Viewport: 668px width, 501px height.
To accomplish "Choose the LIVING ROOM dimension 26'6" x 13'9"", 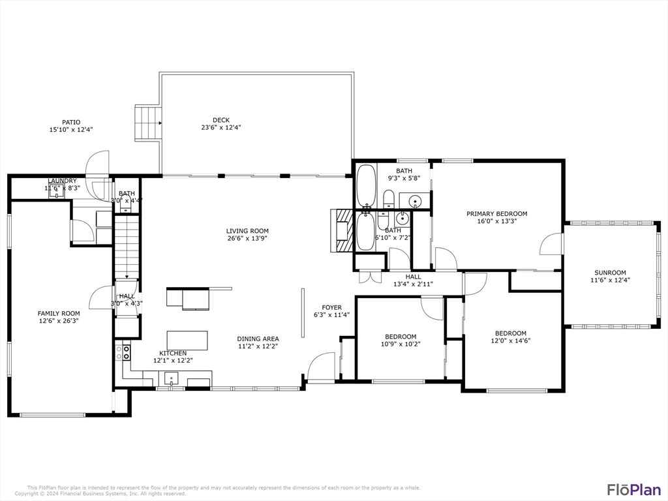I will pos(247,238).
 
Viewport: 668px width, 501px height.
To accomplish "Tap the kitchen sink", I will pos(171,378).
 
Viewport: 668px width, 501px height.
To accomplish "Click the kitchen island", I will pos(187,341).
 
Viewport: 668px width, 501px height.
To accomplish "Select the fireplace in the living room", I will pos(342,230).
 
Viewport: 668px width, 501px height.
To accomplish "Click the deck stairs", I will pos(147,123).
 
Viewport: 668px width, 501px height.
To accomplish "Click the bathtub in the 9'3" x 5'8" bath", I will pos(366,186).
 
